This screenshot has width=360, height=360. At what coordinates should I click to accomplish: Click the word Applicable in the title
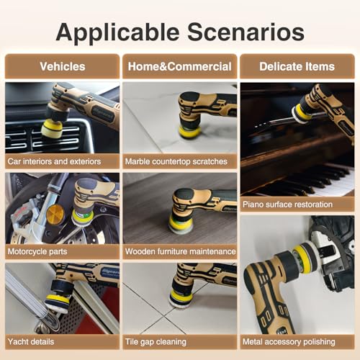pyautogui.click(x=117, y=33)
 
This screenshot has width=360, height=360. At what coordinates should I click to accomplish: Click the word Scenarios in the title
pyautogui.click(x=246, y=32)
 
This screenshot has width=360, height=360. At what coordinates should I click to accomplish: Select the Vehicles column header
pyautogui.click(x=63, y=66)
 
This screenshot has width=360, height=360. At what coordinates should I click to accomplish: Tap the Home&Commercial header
pyautogui.click(x=180, y=66)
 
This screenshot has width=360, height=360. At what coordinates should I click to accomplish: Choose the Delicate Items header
pyautogui.click(x=297, y=66)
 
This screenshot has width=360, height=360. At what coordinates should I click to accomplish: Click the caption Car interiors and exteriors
pyautogui.click(x=54, y=161)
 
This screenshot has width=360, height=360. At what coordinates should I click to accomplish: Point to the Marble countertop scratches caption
pyautogui.click(x=176, y=161)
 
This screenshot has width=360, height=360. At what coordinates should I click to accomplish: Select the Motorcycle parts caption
pyautogui.click(x=37, y=251)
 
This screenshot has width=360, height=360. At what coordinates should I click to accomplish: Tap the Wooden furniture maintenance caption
pyautogui.click(x=181, y=251)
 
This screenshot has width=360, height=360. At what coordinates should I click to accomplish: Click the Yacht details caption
pyautogui.click(x=31, y=342)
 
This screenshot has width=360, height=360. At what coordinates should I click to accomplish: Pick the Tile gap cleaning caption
pyautogui.click(x=156, y=342)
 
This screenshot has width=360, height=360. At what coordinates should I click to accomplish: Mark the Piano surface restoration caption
pyautogui.click(x=287, y=204)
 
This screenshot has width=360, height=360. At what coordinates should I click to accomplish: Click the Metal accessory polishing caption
pyautogui.click(x=289, y=342)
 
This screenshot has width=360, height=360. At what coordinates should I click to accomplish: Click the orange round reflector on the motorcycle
pyautogui.click(x=55, y=215)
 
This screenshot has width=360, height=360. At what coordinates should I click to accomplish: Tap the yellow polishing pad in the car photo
pyautogui.click(x=51, y=129)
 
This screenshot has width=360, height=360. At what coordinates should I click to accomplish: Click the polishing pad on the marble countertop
pyautogui.click(x=189, y=132)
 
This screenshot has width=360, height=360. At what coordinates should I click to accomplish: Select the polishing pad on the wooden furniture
pyautogui.click(x=179, y=225)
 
